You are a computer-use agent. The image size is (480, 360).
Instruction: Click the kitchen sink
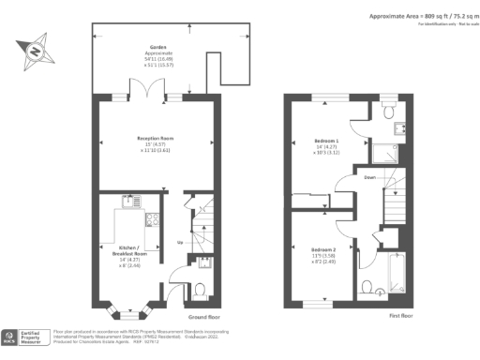point(131,200)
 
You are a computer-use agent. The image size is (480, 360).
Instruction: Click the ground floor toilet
point(199,289)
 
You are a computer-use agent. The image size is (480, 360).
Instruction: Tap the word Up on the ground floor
point(179,241)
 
